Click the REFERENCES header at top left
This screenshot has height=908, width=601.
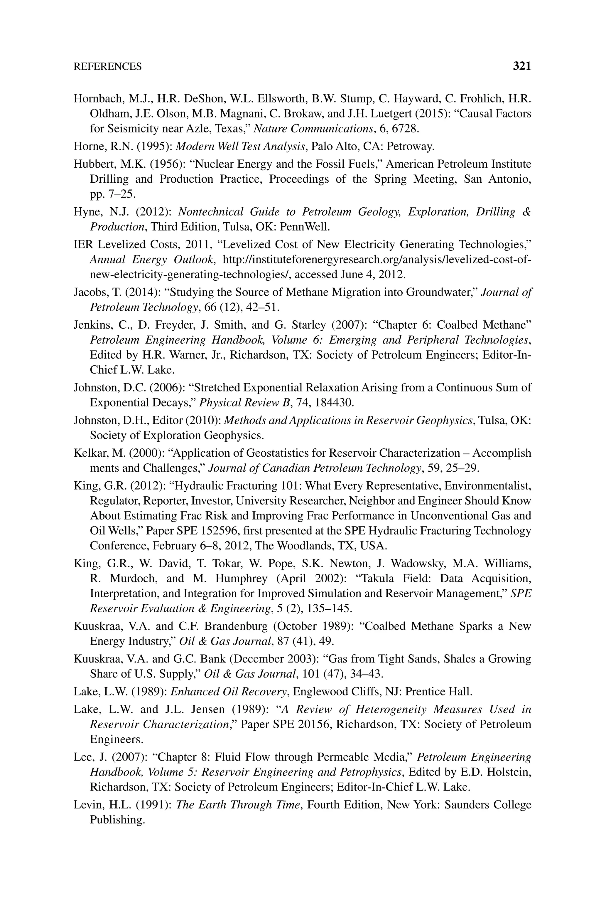pyautogui.click(x=107, y=67)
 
